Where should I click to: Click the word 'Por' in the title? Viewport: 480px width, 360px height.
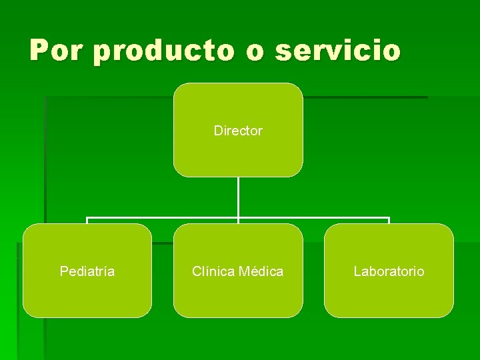(60, 51)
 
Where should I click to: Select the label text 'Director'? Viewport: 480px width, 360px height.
(238, 131)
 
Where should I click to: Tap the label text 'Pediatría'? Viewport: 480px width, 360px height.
(87, 271)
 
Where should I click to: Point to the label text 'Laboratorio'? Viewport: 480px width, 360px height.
(389, 271)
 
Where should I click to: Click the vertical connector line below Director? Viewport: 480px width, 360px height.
(238, 197)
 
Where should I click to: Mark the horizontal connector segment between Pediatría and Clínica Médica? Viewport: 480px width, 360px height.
(163, 218)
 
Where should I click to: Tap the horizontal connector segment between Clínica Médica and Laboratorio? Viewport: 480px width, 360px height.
(313, 218)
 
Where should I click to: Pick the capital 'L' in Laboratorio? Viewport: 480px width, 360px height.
(357, 271)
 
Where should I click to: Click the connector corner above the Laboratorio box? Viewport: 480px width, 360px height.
(389, 218)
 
